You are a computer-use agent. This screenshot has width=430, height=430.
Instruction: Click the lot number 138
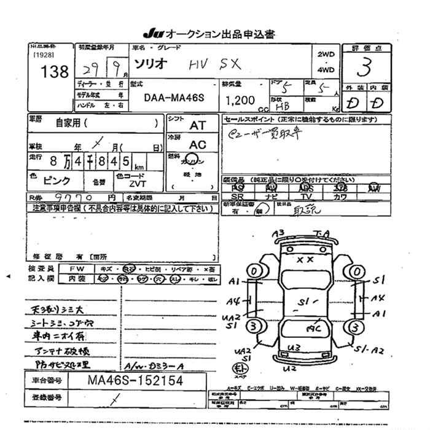click(55, 71)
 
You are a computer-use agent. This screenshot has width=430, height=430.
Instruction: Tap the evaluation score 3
click(368, 65)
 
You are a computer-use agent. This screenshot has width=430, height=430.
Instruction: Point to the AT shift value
click(197, 125)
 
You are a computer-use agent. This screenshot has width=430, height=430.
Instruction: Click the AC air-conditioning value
click(197, 144)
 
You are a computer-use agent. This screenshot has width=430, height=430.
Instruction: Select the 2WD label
click(326, 55)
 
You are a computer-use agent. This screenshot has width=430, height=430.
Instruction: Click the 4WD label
click(326, 70)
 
